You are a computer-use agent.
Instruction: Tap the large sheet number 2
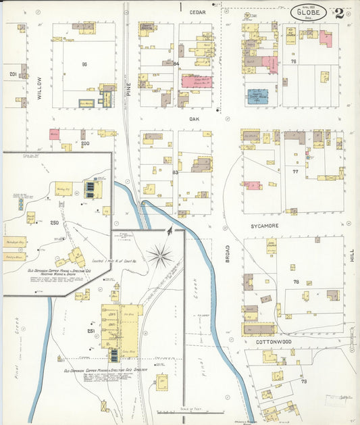(338, 13)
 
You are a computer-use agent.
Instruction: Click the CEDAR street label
(197, 12)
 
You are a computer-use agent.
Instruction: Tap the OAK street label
(197, 118)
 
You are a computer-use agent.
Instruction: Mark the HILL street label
(351, 255)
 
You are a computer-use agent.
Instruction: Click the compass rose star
(160, 255)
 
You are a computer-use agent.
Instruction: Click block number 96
(85, 64)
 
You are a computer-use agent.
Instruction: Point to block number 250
(55, 223)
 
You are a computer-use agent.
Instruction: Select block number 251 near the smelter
(92, 331)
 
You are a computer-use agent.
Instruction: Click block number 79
(304, 382)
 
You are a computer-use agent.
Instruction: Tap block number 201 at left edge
(12, 74)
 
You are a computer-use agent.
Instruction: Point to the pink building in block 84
(196, 82)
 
